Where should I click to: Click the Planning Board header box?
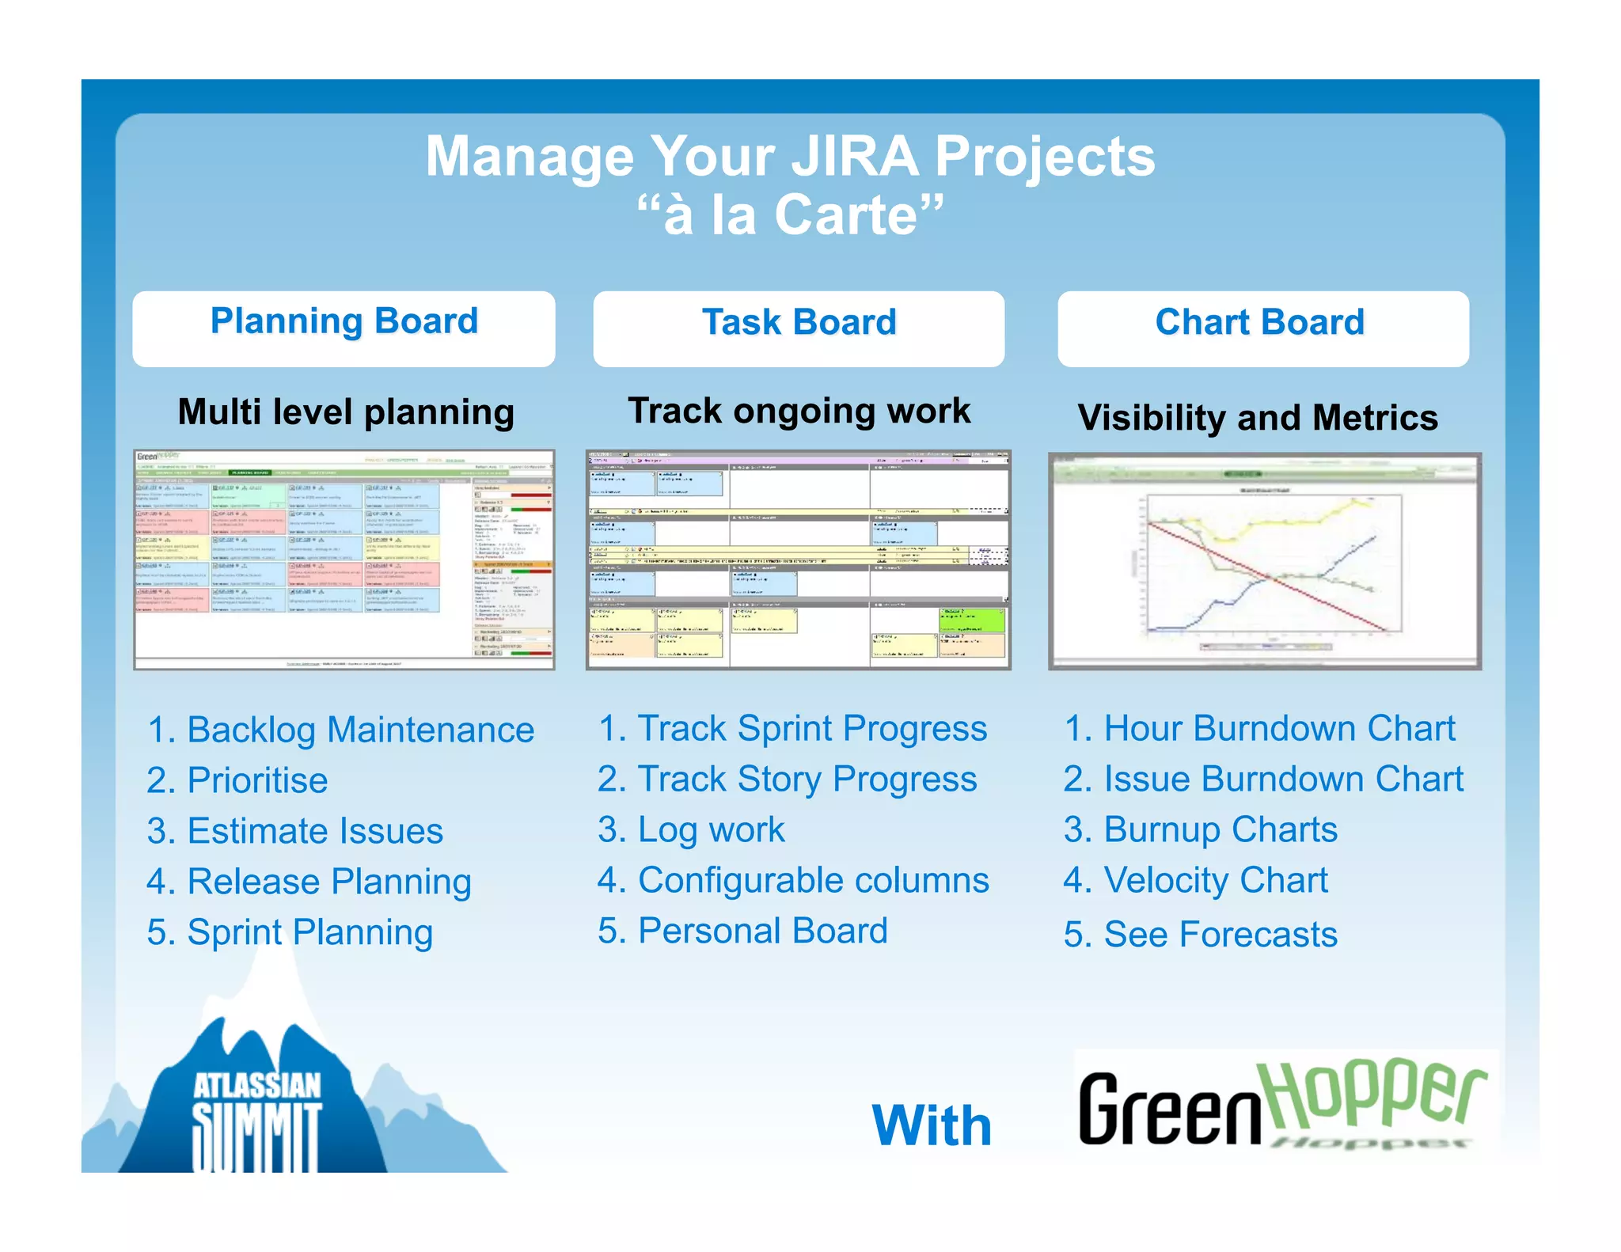pos(344,328)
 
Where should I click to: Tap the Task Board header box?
pos(799,328)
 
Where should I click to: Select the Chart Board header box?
pos(1262,328)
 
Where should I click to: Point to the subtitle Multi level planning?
pos(346,412)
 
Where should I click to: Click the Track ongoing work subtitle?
pos(799,411)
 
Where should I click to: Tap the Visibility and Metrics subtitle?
pos(1258,417)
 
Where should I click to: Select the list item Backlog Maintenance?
pos(340,730)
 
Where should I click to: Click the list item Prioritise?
pos(237,780)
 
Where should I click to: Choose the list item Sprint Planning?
pos(290,932)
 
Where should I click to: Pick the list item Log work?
pos(691,829)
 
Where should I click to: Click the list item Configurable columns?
pos(793,880)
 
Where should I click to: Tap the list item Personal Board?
pos(742,931)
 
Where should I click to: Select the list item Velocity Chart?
pos(1195,880)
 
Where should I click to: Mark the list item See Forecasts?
pos(1200,934)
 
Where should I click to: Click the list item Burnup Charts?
pos(1200,829)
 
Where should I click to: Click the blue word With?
pos(932,1125)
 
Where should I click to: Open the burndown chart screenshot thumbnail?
pos(1264,561)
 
